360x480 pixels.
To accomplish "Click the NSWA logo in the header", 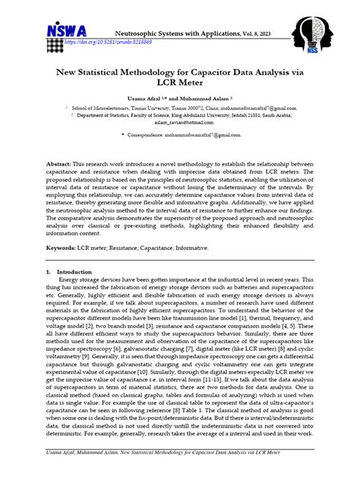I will click(x=67, y=33).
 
